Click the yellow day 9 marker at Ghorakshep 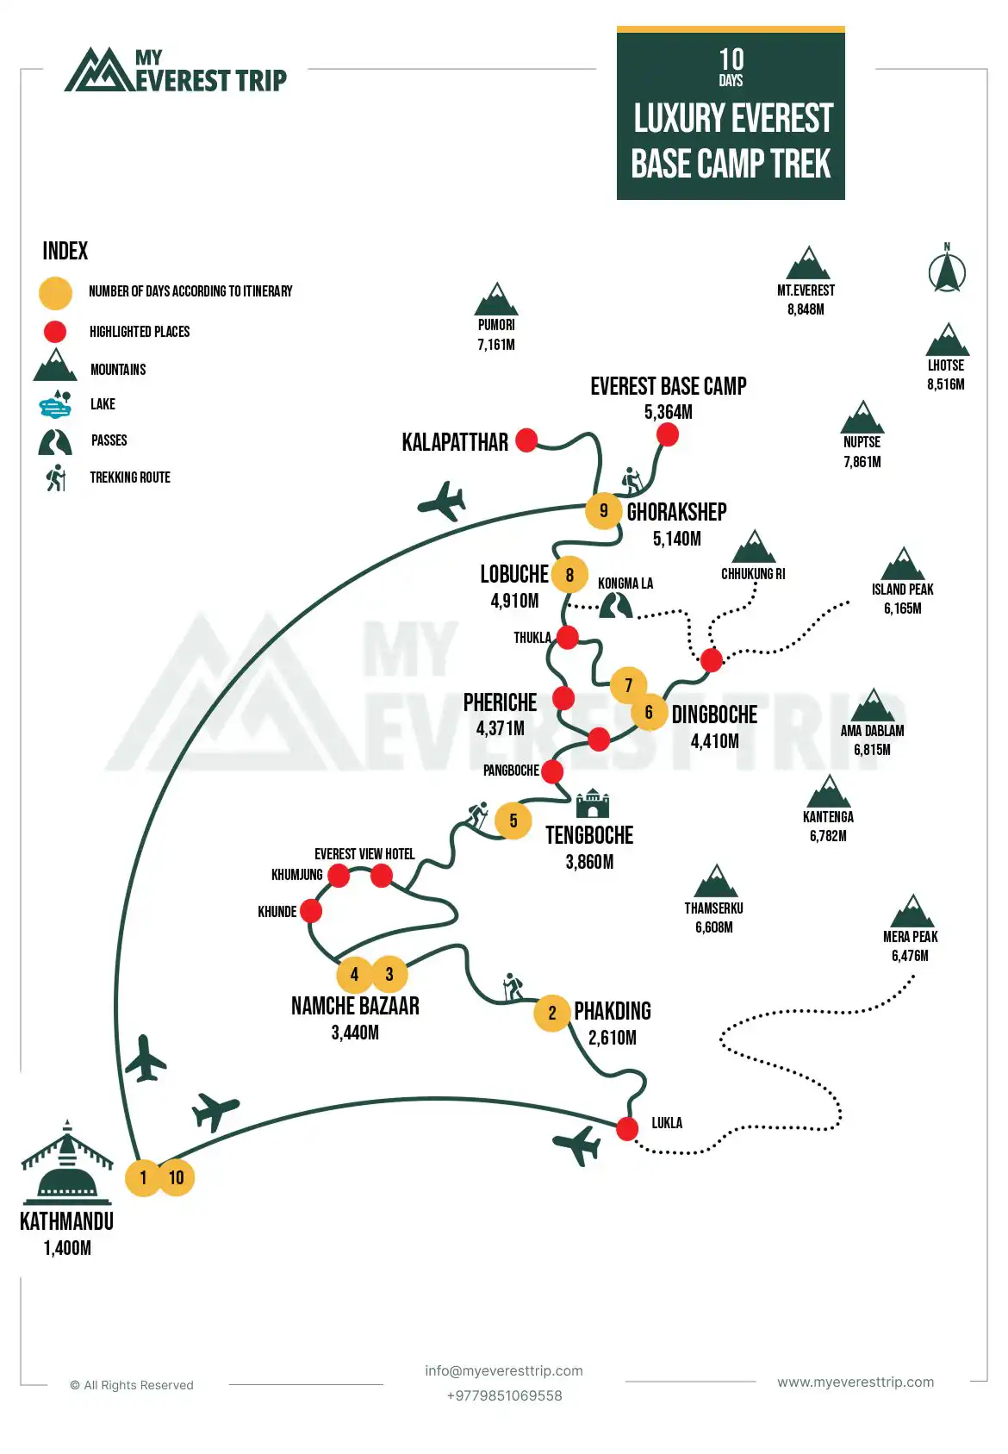[603, 510]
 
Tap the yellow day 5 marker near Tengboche [513, 821]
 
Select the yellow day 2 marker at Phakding [552, 1013]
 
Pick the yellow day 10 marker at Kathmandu [176, 1177]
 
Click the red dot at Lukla [627, 1127]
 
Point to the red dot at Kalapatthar [526, 440]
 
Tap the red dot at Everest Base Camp [667, 434]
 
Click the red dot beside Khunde [311, 910]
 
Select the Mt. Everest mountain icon [808, 264]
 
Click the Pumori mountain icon [496, 299]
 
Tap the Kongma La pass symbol [615, 605]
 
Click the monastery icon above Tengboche [592, 803]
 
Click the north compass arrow [947, 271]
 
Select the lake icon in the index [55, 403]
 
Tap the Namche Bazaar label [355, 1006]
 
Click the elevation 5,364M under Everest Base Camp [668, 412]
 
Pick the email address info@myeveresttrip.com [503, 1370]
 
